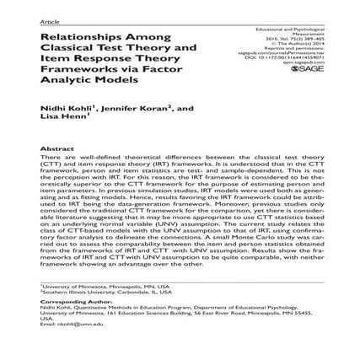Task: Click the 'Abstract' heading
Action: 53,147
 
